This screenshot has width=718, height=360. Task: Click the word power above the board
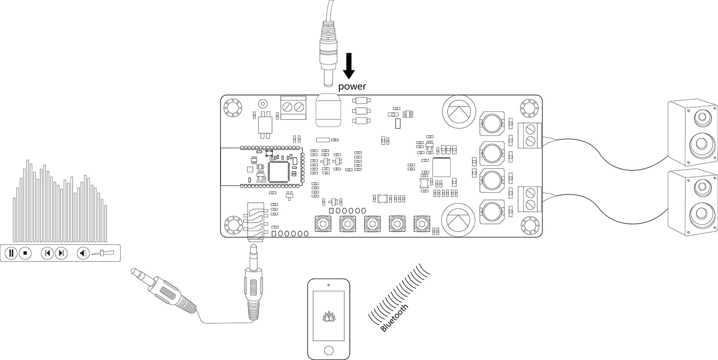click(x=352, y=86)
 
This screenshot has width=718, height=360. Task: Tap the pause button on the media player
click(x=11, y=253)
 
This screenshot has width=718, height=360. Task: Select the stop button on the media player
click(x=25, y=253)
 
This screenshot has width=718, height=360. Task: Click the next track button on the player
click(x=61, y=253)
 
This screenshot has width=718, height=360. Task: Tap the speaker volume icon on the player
click(x=83, y=253)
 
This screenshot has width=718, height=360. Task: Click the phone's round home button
click(x=328, y=350)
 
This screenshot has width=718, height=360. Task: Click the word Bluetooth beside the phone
click(x=395, y=318)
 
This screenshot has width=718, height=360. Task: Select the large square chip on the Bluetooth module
click(x=280, y=171)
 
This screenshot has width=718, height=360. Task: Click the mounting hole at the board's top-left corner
click(x=232, y=107)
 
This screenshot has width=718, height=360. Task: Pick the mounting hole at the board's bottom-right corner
click(x=530, y=226)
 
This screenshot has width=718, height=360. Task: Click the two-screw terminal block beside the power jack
click(x=293, y=107)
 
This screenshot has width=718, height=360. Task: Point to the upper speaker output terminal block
click(x=529, y=135)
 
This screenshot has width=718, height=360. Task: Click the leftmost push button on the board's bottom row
click(x=322, y=224)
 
